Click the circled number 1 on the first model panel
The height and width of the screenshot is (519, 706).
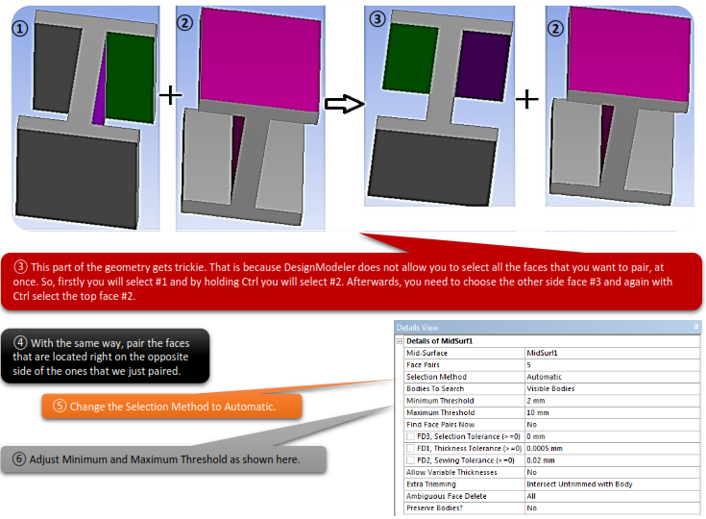[20, 29]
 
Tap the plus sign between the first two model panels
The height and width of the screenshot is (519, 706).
[170, 95]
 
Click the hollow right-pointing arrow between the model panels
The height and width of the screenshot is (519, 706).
[345, 104]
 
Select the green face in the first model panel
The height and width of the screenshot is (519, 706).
[131, 78]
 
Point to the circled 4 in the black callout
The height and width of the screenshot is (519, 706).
[20, 343]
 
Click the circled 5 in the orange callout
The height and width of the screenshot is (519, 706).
[60, 406]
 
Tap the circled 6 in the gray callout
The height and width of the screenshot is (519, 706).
[19, 459]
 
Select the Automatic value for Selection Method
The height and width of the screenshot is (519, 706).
[544, 377]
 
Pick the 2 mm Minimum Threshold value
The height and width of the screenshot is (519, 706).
[535, 401]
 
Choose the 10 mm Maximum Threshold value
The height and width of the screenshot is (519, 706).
[538, 412]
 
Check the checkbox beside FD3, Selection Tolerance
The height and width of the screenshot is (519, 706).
[410, 436]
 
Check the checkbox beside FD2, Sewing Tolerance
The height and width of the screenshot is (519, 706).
[410, 460]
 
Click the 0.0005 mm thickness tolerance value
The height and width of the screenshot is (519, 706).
[545, 448]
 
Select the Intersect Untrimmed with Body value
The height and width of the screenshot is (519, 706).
[579, 484]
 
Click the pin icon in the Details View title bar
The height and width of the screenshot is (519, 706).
[695, 327]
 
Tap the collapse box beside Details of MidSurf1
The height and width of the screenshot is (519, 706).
[400, 341]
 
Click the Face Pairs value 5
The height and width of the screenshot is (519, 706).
[528, 365]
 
